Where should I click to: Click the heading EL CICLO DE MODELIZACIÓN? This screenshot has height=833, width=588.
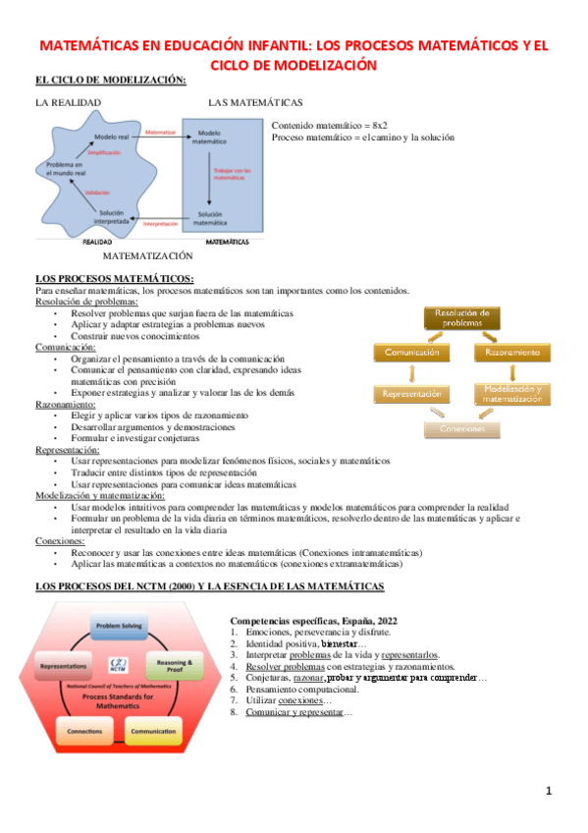click(x=110, y=81)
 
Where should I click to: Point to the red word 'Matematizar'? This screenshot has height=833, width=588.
click(x=159, y=131)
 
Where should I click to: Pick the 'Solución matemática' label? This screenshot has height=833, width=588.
click(x=210, y=218)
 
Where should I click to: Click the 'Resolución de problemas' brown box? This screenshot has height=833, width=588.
click(x=461, y=317)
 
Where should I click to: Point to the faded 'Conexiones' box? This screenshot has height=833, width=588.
click(x=462, y=429)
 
